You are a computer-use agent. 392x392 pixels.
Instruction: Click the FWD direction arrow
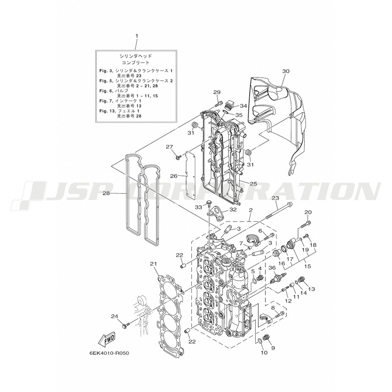[x=107, y=339]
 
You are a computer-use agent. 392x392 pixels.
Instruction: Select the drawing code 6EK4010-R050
[x=109, y=353]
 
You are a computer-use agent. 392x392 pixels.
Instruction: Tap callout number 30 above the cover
[x=286, y=71]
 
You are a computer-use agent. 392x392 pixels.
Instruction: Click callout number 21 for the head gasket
[x=153, y=263]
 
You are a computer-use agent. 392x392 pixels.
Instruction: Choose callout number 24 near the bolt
[x=114, y=316]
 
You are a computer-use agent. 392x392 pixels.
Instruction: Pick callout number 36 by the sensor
[x=272, y=268]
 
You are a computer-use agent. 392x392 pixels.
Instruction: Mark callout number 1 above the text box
[x=136, y=36]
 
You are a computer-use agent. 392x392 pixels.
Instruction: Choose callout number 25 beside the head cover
[x=253, y=184]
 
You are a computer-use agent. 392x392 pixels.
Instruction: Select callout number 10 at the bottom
[x=264, y=352]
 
